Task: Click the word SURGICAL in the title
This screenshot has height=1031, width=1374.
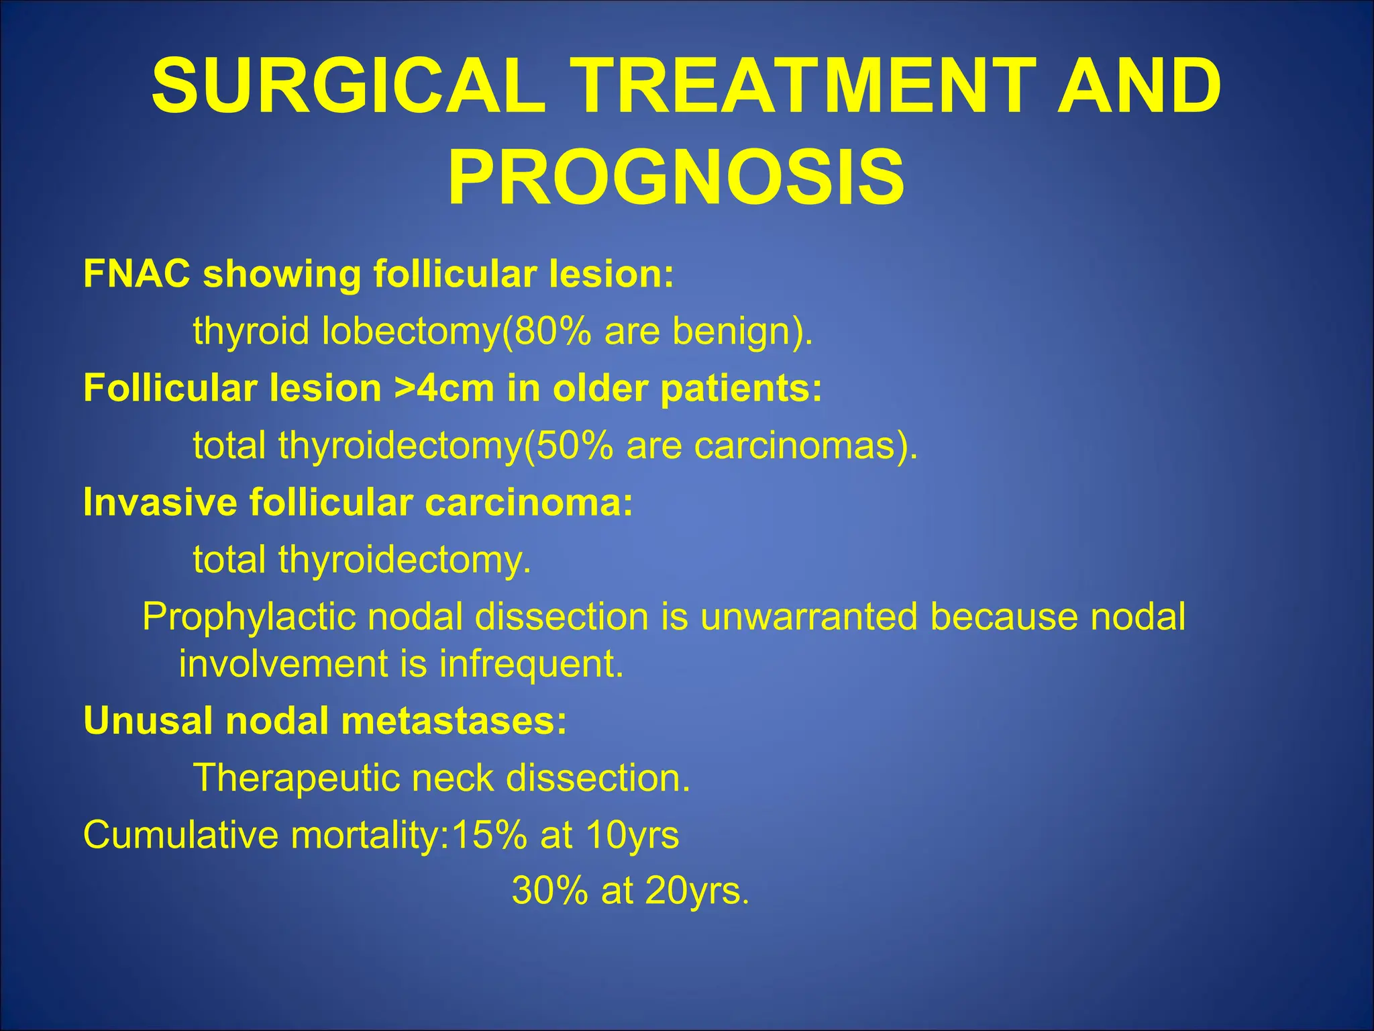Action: point(348,86)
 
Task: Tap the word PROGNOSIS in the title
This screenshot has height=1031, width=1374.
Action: point(676,178)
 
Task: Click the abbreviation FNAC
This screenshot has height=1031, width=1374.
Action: point(137,274)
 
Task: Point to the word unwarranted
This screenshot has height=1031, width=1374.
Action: point(808,616)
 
